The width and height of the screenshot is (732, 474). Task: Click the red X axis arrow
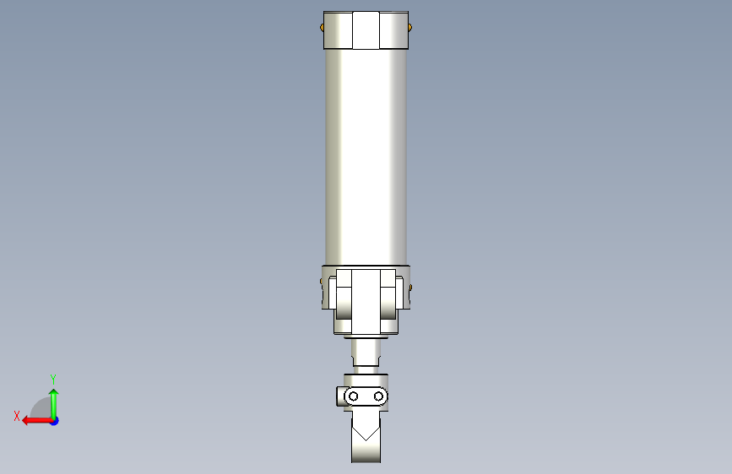click(33, 420)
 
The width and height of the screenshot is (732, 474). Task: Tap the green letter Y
click(53, 379)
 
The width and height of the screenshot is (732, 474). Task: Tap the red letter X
click(17, 416)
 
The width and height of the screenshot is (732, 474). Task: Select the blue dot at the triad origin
click(54, 420)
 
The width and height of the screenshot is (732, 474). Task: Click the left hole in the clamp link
click(354, 396)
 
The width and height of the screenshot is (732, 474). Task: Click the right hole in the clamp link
click(379, 396)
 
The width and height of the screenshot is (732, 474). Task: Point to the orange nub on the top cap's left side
click(323, 28)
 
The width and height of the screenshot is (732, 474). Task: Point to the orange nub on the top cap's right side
click(410, 28)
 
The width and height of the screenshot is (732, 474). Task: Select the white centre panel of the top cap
click(366, 30)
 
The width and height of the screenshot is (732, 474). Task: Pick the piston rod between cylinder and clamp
click(366, 353)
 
